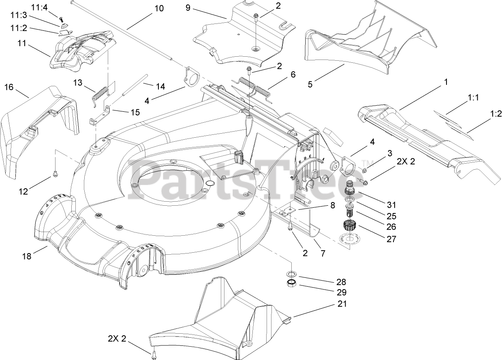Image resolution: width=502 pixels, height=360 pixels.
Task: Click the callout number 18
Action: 27,256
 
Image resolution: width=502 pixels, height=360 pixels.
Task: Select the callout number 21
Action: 342,304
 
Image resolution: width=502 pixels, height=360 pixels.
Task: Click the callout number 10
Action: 159,8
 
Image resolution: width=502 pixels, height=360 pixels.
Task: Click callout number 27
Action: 391,239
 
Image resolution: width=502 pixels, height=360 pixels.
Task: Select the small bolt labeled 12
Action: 55,175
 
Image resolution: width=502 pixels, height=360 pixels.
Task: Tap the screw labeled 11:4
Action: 62,19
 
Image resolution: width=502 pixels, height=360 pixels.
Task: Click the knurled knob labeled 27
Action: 348,226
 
